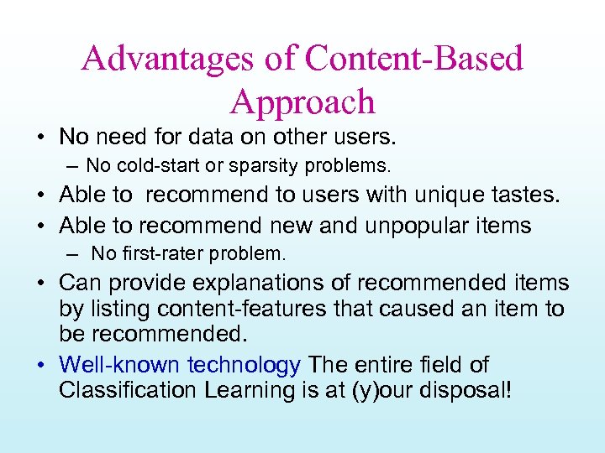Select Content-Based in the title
point(414,59)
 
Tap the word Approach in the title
point(302,102)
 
